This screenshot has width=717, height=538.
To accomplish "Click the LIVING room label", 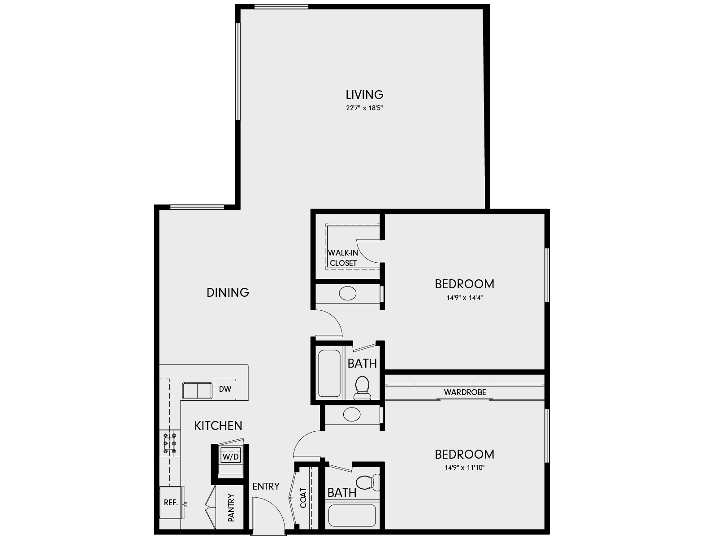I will coord(364,95).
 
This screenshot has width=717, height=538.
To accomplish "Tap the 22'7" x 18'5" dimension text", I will coord(364,108).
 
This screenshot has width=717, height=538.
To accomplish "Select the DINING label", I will coord(228,292).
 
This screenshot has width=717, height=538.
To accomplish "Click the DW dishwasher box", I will coord(225,389).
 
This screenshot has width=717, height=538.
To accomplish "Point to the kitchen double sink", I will coord(197,390).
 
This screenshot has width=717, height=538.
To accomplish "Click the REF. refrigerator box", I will coord(171,503).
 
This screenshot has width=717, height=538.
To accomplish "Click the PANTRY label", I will coord(231,508).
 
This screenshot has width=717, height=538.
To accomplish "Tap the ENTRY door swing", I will coord(268,516).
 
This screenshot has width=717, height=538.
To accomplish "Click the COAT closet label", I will coord(303,498).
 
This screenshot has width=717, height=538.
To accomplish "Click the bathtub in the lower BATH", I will coord(352,516).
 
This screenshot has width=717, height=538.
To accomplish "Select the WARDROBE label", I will coord(465,392).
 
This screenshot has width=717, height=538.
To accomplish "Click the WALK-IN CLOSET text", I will coord(343,258).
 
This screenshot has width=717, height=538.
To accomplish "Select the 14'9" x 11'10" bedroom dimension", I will coord(464,468).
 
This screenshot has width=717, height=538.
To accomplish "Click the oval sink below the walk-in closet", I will coord(348,294).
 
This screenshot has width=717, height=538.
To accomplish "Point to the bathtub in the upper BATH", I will coord(329,373).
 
